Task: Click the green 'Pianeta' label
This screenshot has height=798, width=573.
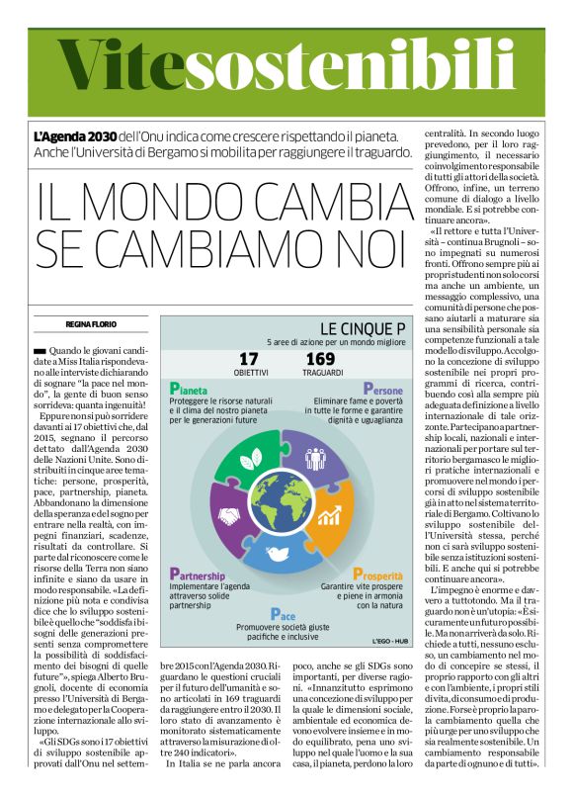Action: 195,389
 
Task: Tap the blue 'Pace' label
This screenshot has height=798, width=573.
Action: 283,613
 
